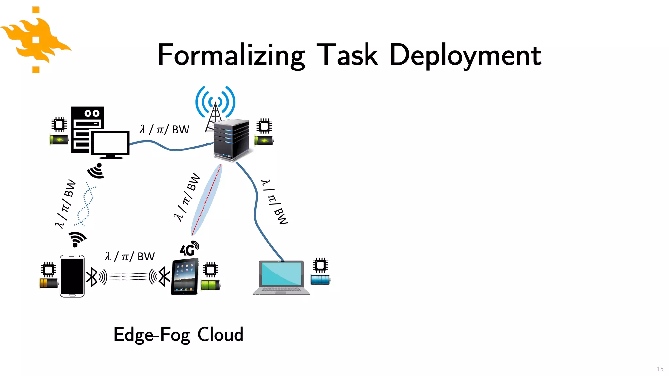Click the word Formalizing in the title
point(231,55)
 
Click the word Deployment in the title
point(465,55)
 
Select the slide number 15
point(660,369)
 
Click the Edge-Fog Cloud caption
point(178,335)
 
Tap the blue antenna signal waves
point(215,101)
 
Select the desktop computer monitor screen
point(110,143)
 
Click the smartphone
point(72,276)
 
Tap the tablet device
point(185,276)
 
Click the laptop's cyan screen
point(281,274)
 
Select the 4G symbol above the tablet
point(189,249)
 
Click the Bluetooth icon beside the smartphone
point(92,277)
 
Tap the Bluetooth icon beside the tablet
point(164,277)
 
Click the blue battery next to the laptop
point(320,280)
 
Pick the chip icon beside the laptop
point(320,265)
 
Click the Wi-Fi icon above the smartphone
point(77,239)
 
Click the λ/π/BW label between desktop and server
point(164,130)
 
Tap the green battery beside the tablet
point(210,285)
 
